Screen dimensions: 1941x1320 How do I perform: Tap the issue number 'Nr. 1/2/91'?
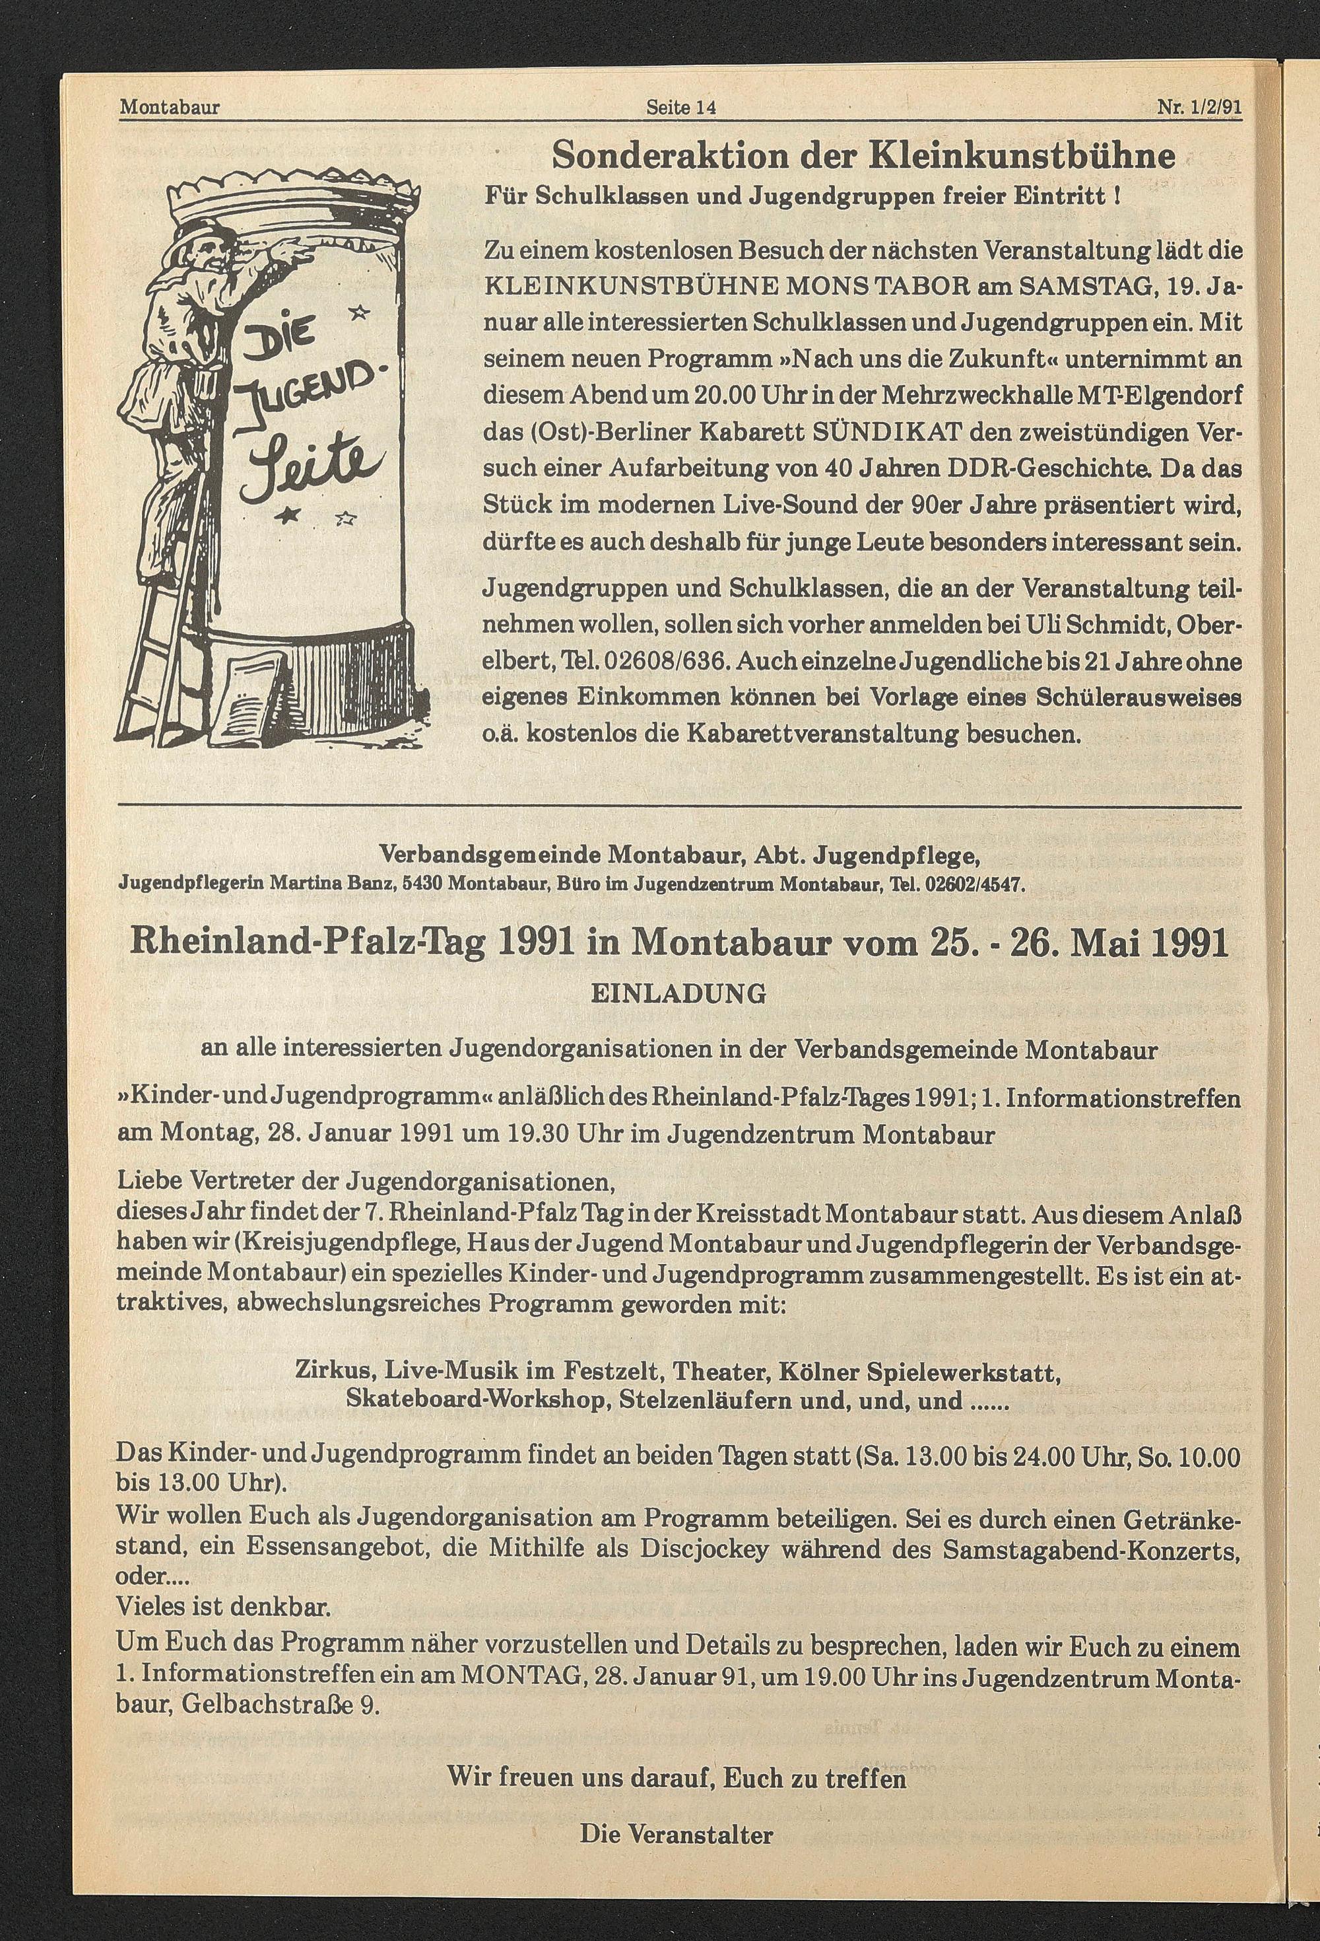pos(1200,108)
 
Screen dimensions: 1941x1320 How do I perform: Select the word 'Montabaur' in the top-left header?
pos(170,108)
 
